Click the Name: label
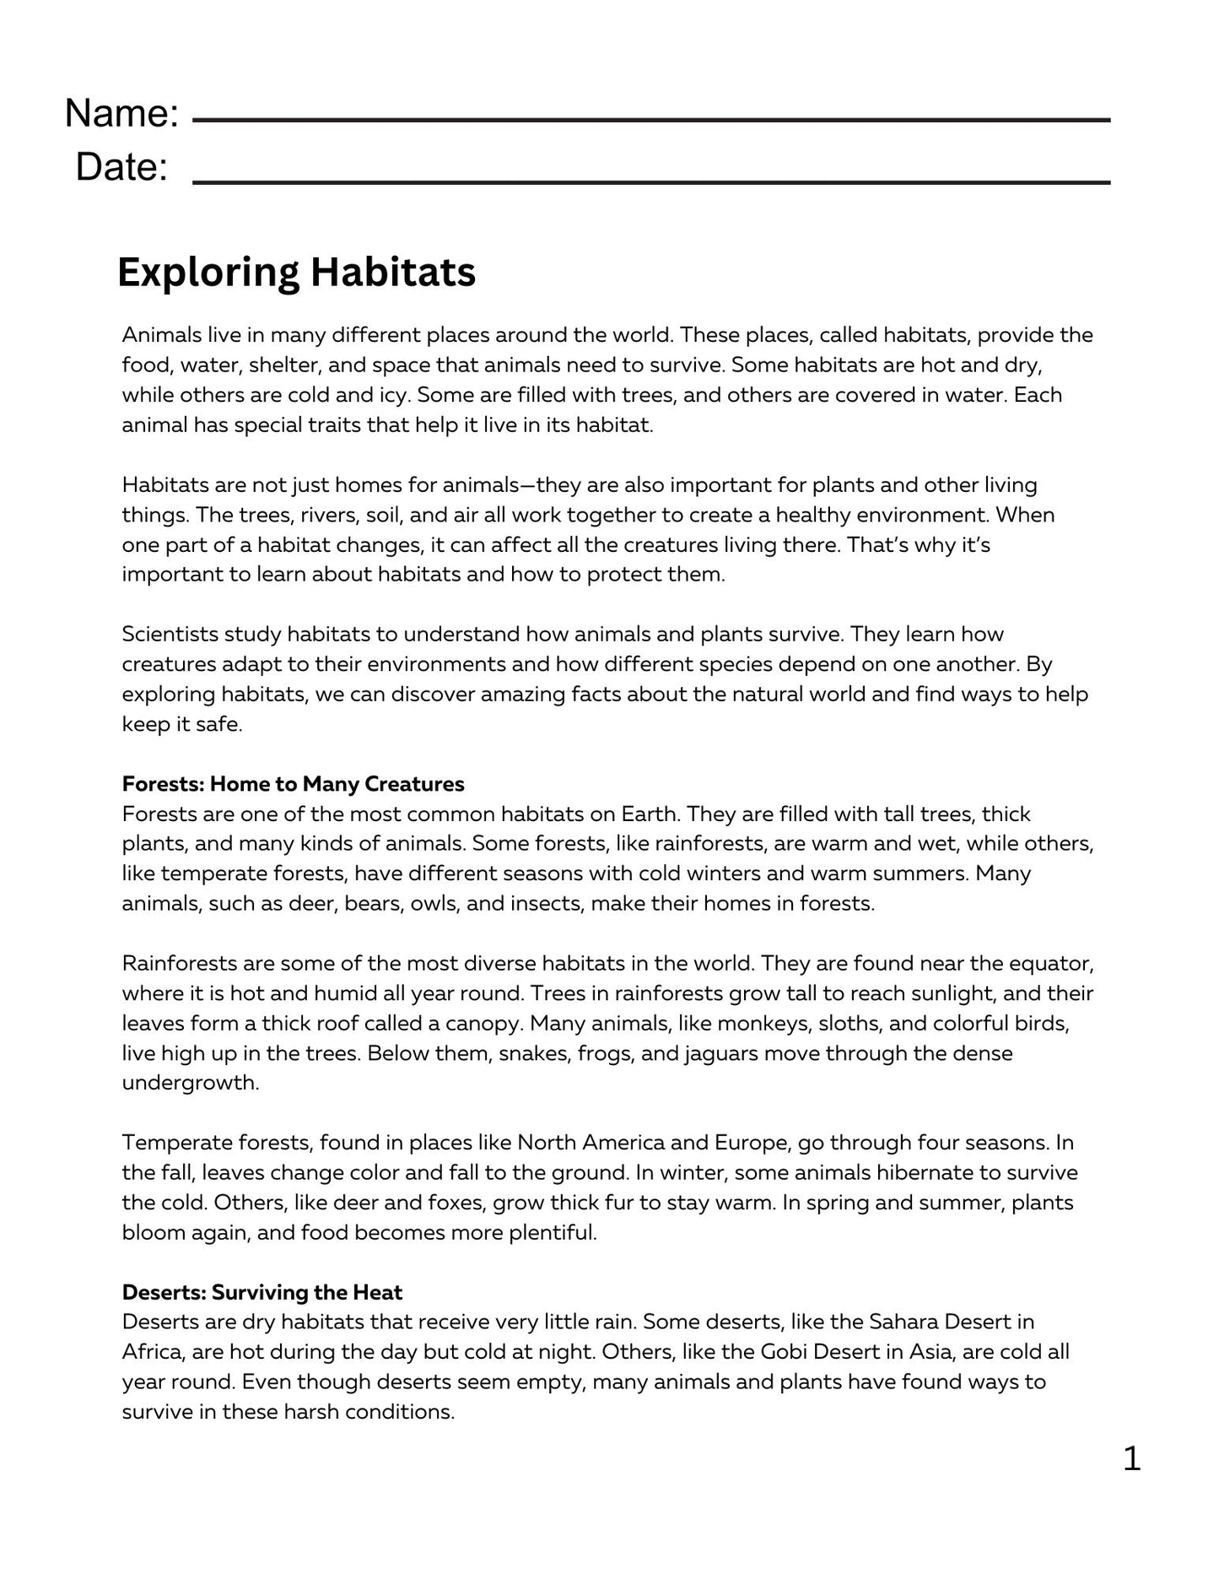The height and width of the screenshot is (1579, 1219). pyautogui.click(x=121, y=113)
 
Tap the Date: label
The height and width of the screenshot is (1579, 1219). pyautogui.click(x=121, y=167)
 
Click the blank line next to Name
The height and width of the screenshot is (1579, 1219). pyautogui.click(x=650, y=122)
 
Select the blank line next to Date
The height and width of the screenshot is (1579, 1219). pyautogui.click(x=650, y=181)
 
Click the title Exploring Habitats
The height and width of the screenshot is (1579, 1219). pyautogui.click(x=296, y=273)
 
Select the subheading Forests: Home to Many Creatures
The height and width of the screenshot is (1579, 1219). pyautogui.click(x=293, y=784)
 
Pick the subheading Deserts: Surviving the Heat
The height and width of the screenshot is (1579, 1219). pyautogui.click(x=262, y=1292)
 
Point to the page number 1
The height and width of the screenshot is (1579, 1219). pyautogui.click(x=1131, y=1458)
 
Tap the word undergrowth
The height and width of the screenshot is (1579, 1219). pyautogui.click(x=190, y=1084)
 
